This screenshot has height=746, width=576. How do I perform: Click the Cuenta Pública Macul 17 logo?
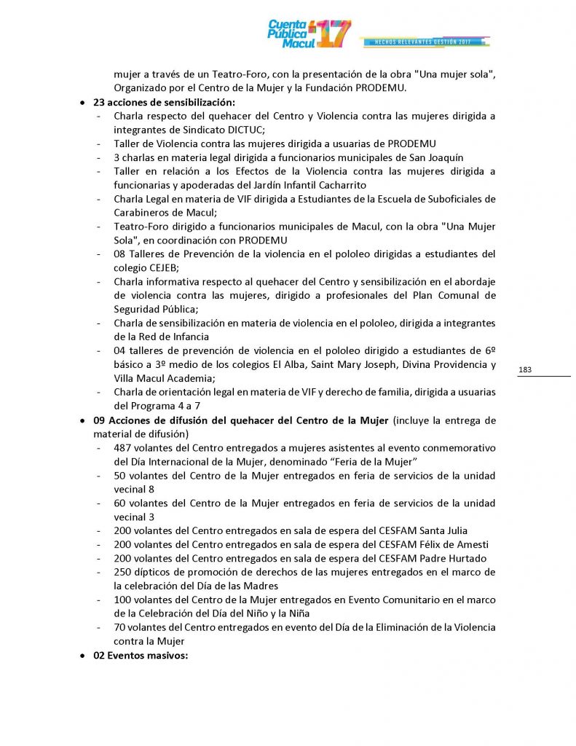click(x=309, y=34)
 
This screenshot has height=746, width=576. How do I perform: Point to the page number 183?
click(x=525, y=370)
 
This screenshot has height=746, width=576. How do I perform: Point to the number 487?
click(x=124, y=447)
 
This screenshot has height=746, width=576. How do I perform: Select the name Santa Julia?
click(x=441, y=530)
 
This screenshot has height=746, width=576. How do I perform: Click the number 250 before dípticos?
click(x=124, y=572)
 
